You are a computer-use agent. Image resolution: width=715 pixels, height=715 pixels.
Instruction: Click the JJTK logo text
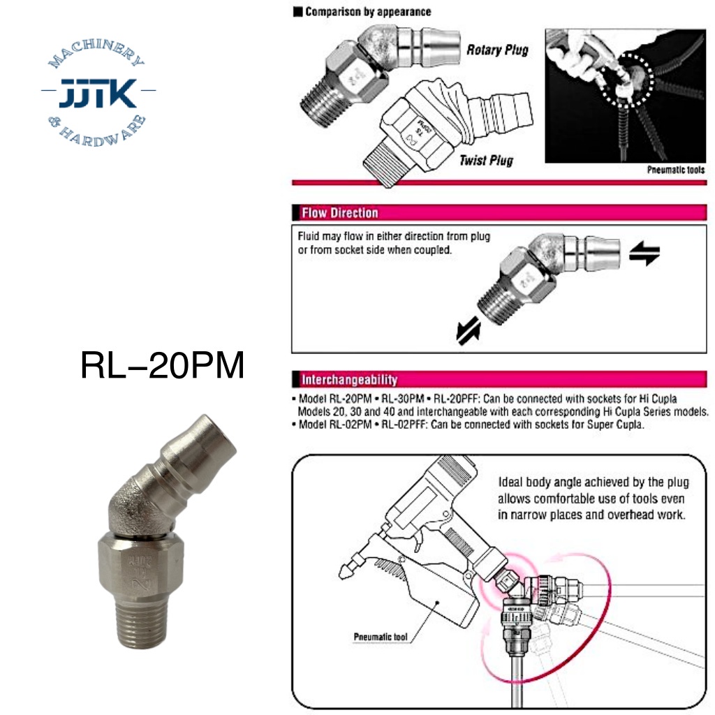tap(98, 93)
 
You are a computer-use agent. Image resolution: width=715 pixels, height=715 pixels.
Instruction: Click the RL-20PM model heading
tap(162, 365)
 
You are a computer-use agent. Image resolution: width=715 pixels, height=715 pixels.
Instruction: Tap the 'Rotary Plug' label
tap(497, 50)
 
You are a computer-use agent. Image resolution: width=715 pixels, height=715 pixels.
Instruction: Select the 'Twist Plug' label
tap(486, 160)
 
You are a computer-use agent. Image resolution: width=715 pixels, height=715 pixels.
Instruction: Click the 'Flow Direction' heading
tap(340, 213)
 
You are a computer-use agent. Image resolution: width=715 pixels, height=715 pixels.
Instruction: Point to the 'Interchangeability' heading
tap(349, 379)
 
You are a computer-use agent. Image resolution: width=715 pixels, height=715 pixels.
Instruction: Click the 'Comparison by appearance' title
tap(368, 11)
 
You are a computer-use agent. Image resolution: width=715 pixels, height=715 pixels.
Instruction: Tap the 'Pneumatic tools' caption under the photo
tap(676, 170)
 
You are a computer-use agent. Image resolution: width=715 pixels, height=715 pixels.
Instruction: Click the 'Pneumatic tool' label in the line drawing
tap(381, 637)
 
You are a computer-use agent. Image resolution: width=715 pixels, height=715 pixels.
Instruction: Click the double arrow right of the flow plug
tap(644, 253)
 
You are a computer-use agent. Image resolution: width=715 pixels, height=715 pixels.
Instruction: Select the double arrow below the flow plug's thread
tap(469, 330)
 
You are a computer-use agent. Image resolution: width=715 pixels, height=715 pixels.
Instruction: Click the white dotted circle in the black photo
tap(626, 80)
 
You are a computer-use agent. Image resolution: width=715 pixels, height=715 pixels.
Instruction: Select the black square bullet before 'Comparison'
tap(297, 12)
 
